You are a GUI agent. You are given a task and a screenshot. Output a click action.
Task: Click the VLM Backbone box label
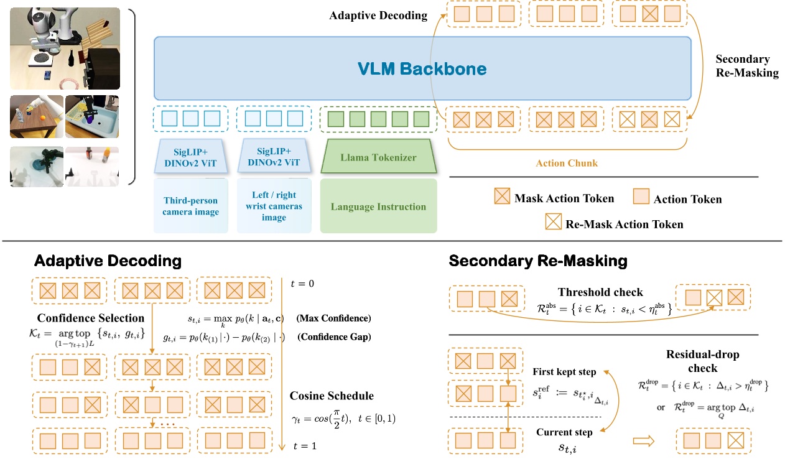click(x=422, y=68)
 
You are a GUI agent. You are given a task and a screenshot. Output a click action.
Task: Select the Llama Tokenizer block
click(x=378, y=157)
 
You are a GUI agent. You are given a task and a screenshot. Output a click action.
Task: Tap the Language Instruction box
click(x=378, y=206)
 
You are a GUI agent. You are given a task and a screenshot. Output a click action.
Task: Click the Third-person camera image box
click(x=191, y=206)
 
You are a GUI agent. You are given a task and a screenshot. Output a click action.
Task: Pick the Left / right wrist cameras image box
click(x=274, y=206)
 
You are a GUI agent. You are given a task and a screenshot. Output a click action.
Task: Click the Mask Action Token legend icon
click(x=501, y=198)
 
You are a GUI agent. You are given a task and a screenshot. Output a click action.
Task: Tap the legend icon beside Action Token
click(x=641, y=198)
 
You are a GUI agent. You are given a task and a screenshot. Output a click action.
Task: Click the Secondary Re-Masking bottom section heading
click(x=538, y=261)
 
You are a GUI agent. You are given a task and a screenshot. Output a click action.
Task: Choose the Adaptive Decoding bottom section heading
click(x=108, y=261)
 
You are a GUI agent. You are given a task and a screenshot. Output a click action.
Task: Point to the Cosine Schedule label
click(x=332, y=396)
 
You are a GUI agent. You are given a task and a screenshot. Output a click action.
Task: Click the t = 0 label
click(x=302, y=284)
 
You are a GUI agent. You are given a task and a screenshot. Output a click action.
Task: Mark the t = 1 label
click(x=302, y=446)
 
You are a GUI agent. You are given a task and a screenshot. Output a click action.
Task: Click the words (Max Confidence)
click(x=333, y=319)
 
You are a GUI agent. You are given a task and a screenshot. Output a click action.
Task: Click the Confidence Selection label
click(x=91, y=318)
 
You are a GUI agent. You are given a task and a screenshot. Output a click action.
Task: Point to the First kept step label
click(x=564, y=372)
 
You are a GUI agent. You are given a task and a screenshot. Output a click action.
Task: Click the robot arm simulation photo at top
click(x=65, y=49)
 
